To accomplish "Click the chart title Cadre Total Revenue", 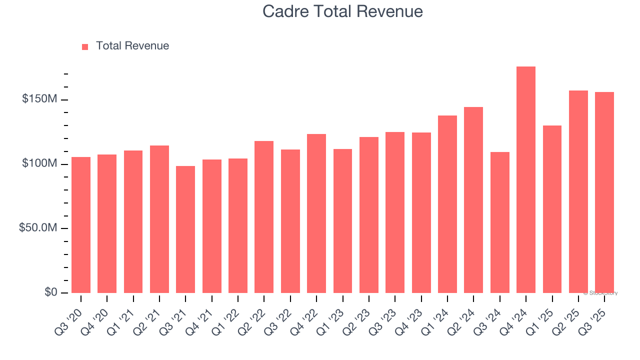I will point(342,11).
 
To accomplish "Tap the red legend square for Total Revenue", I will point(85,46).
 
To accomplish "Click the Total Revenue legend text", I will point(132,46).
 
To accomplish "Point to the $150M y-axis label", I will point(39,99).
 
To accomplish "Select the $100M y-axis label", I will point(39,164).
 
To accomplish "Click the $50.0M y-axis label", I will point(38,228).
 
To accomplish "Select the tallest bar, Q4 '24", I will point(526,180).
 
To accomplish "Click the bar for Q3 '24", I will point(499,222).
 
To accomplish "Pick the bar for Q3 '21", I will point(185,229).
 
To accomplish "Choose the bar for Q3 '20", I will point(81,225).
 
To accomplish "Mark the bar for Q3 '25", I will point(604,192).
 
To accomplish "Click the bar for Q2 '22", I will point(264,217).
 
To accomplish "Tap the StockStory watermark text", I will point(600,293).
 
